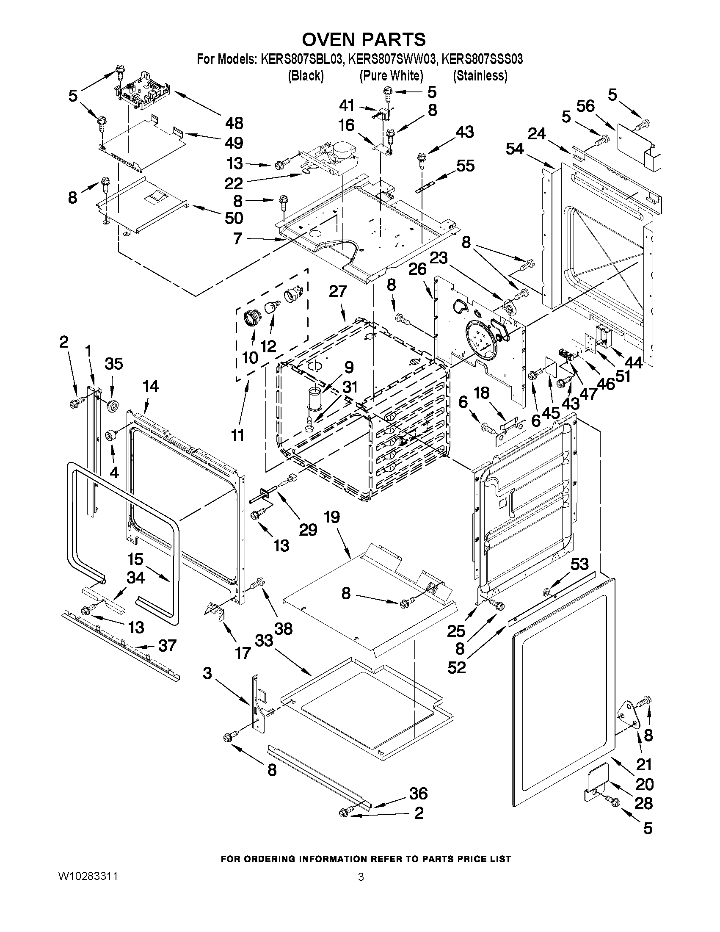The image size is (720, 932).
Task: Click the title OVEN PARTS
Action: tap(364, 39)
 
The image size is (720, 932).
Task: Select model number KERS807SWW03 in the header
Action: tap(392, 59)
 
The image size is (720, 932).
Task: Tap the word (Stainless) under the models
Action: tap(480, 76)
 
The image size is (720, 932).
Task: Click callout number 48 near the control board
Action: tap(234, 123)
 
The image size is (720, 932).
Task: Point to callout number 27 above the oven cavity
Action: tap(338, 291)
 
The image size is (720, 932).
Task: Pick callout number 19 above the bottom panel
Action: tap(331, 517)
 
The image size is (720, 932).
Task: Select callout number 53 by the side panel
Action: tap(579, 564)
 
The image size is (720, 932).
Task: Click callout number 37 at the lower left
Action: tap(167, 646)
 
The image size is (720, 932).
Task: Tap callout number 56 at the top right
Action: tap(585, 106)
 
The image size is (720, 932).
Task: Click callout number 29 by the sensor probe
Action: tap(308, 529)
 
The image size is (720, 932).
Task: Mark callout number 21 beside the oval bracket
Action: tap(644, 764)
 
